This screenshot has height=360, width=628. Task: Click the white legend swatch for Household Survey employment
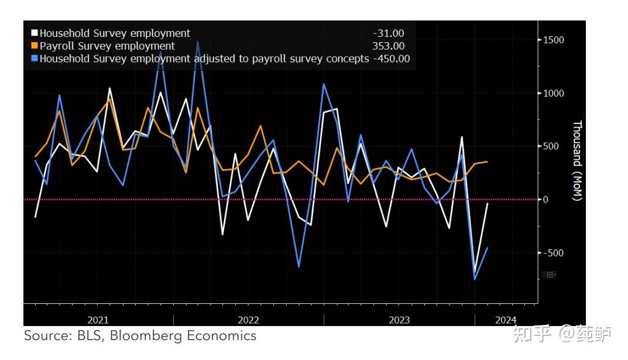click(x=35, y=33)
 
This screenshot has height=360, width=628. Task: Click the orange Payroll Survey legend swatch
click(x=35, y=46)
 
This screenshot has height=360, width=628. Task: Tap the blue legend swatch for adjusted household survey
click(x=35, y=59)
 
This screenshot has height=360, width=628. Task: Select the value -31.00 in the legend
click(x=388, y=33)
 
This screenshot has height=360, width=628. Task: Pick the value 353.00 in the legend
click(x=388, y=46)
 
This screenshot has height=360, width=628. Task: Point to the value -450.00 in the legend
click(x=391, y=59)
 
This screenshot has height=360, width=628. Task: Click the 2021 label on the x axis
click(x=98, y=320)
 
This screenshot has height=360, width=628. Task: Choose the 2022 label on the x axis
click(x=248, y=320)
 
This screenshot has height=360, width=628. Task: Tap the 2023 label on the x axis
click(x=399, y=320)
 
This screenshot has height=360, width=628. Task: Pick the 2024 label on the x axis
click(x=506, y=320)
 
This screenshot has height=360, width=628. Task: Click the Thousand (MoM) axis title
click(x=577, y=160)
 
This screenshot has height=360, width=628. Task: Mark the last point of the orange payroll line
click(x=487, y=162)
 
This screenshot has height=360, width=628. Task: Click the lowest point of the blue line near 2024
click(x=475, y=279)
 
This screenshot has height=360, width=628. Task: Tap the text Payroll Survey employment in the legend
click(x=107, y=46)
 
